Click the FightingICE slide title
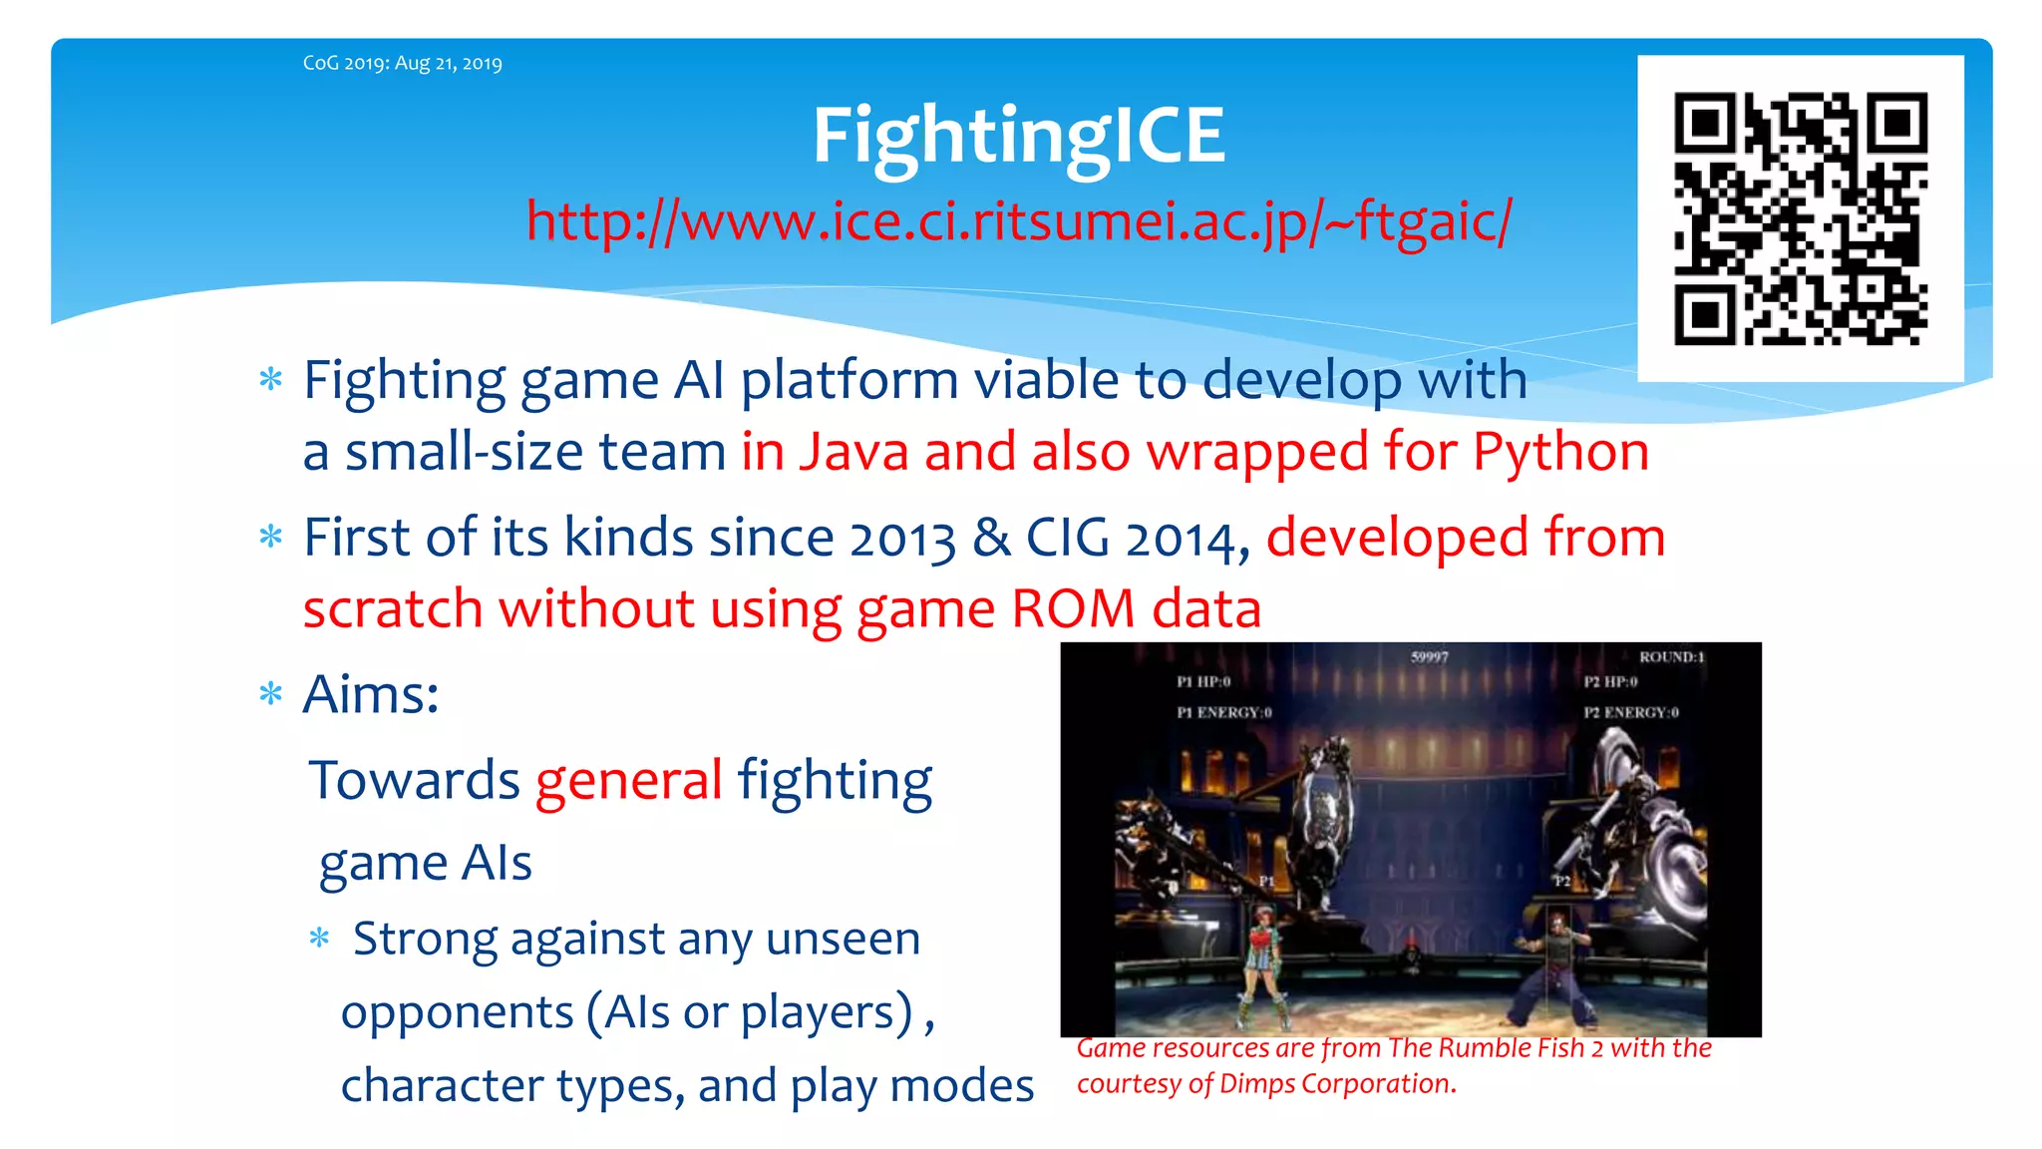click(x=1018, y=136)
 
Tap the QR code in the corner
click(x=1800, y=218)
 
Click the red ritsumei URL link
click(x=1018, y=220)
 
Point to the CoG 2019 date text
click(x=402, y=63)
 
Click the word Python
click(x=1560, y=452)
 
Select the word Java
click(x=854, y=452)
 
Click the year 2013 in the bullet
click(x=902, y=539)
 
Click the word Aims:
click(x=371, y=694)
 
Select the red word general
click(x=628, y=780)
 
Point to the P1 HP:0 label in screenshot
click(x=1203, y=682)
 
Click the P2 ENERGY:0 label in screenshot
click(x=1631, y=712)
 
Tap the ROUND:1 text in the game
click(x=1671, y=657)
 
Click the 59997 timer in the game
click(x=1429, y=657)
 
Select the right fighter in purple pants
click(x=1554, y=967)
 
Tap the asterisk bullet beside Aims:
click(x=270, y=694)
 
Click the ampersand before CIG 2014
click(x=991, y=539)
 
